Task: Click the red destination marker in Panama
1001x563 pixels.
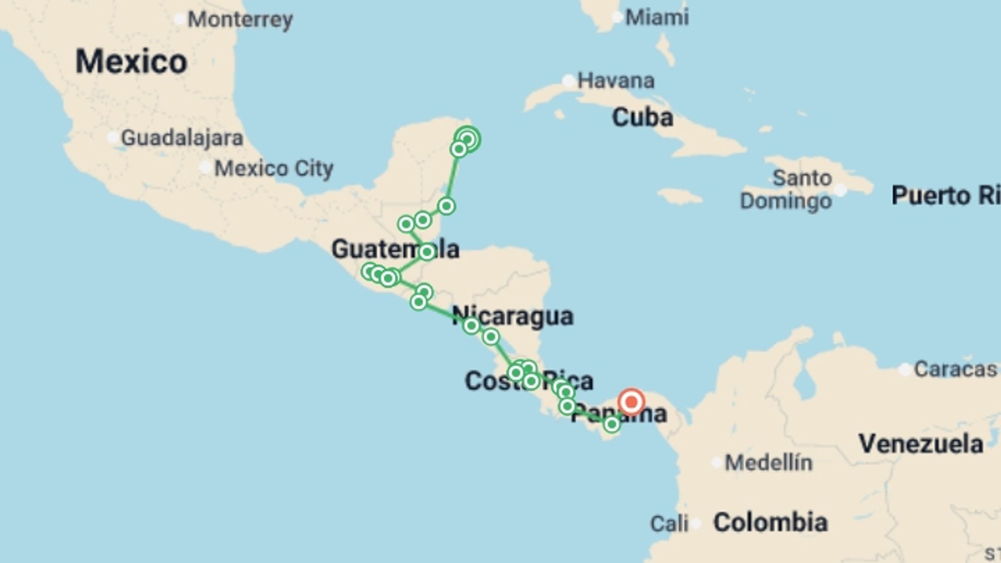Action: [x=631, y=402]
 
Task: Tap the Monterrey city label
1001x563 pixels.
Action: [x=240, y=20]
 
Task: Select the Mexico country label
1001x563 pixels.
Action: [x=131, y=62]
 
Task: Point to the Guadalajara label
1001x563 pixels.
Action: [x=182, y=138]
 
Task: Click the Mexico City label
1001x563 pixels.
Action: [x=274, y=168]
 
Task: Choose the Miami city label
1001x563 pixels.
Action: [x=657, y=18]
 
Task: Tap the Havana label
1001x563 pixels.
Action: [x=616, y=81]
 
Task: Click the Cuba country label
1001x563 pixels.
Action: [x=642, y=117]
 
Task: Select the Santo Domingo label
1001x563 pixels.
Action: [x=787, y=189]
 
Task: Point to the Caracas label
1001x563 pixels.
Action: [x=955, y=369]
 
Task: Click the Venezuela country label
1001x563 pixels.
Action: [x=921, y=444]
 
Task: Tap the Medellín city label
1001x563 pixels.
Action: [x=768, y=462]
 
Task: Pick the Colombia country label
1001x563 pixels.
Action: [x=770, y=522]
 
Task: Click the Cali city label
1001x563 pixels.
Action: [x=669, y=523]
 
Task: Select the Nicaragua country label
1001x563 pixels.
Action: [x=513, y=316]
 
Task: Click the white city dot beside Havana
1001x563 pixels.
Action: [x=568, y=81]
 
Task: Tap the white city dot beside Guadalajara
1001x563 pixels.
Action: [x=113, y=138]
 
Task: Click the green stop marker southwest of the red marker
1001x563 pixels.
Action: [x=612, y=425]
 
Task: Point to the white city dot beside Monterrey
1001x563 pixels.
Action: [x=179, y=19]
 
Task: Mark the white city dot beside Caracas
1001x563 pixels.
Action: [x=905, y=370]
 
